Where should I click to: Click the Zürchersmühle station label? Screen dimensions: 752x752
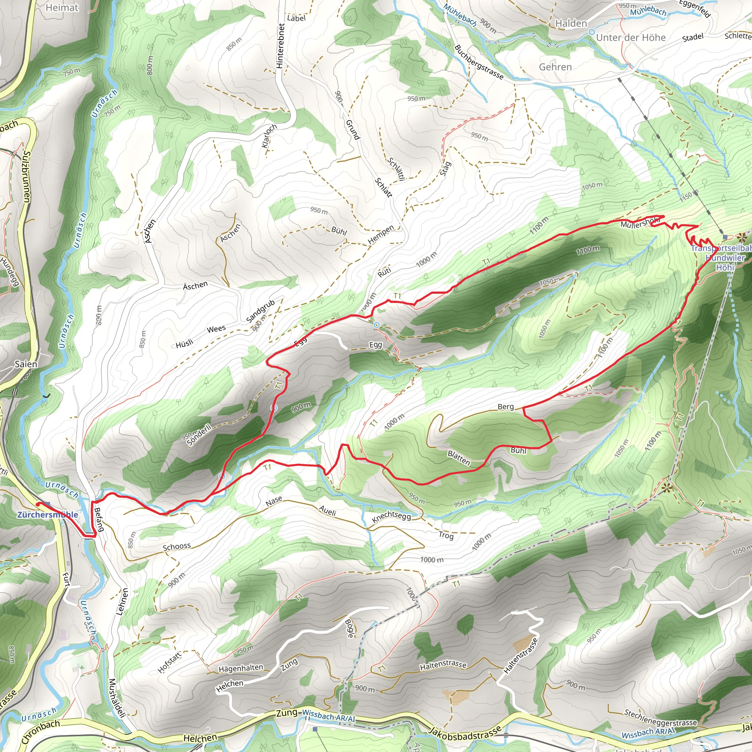point(47,514)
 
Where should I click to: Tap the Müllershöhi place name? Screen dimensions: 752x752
point(640,223)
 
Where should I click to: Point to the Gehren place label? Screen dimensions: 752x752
point(555,67)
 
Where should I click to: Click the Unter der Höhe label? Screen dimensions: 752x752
point(630,38)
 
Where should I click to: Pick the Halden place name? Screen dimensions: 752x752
point(571,23)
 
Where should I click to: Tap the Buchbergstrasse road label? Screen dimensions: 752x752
point(478,62)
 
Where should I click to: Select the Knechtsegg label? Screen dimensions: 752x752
point(391,517)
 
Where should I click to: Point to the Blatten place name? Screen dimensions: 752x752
point(459,458)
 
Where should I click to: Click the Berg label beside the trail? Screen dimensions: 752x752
point(506,407)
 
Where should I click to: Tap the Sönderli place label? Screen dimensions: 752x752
point(199,435)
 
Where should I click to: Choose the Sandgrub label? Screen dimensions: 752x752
point(261,311)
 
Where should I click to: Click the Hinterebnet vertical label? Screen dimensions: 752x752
point(280,46)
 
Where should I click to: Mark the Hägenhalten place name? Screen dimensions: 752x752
point(241,668)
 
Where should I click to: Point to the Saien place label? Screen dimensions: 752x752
point(26,364)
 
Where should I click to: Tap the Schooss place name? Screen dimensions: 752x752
point(177,547)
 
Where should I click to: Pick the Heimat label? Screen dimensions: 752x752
point(62,7)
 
